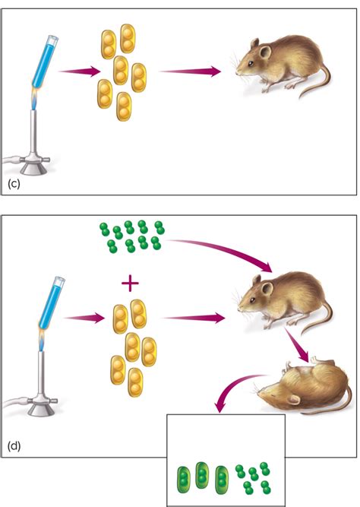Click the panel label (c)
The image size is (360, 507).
point(14,184)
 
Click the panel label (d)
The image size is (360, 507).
point(14,446)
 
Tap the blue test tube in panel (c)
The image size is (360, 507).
point(46,62)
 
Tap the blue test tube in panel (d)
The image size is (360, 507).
point(52,302)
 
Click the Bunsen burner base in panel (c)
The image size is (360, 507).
point(33,166)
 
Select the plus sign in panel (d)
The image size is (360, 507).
point(130,284)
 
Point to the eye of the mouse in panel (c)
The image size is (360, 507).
point(251,63)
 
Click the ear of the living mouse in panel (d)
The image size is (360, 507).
point(267,288)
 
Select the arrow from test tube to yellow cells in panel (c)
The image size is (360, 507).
point(80,71)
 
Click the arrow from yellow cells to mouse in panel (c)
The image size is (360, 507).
point(191,71)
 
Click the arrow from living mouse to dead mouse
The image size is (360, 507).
point(296,344)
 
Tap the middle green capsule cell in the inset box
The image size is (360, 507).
point(202,475)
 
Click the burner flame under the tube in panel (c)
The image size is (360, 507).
point(35,98)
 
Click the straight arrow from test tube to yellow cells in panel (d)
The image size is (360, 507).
point(84,318)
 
